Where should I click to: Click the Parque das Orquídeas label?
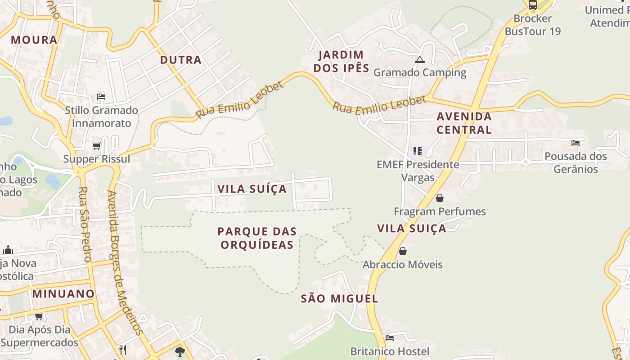click(x=257, y=238)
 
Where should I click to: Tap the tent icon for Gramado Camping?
click(x=419, y=60)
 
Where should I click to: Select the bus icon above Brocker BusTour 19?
click(x=533, y=5)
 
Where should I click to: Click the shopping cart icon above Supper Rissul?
click(x=96, y=146)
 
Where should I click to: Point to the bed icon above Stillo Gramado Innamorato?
click(x=101, y=97)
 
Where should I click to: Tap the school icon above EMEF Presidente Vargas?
click(x=418, y=151)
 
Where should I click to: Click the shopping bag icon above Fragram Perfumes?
click(x=440, y=198)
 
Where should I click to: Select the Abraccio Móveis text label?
click(x=403, y=265)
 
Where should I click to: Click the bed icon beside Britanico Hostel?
click(x=390, y=337)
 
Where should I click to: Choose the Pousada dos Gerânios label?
click(x=576, y=162)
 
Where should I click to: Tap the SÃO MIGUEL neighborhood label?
click(x=339, y=298)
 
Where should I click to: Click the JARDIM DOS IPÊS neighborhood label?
click(x=341, y=62)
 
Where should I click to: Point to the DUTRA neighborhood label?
click(x=180, y=60)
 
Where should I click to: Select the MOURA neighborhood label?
click(x=34, y=40)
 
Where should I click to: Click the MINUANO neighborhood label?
click(x=63, y=294)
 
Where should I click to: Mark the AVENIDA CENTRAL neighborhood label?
click(x=464, y=123)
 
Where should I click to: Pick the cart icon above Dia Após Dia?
click(x=39, y=316)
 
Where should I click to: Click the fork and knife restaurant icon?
click(x=122, y=350)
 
